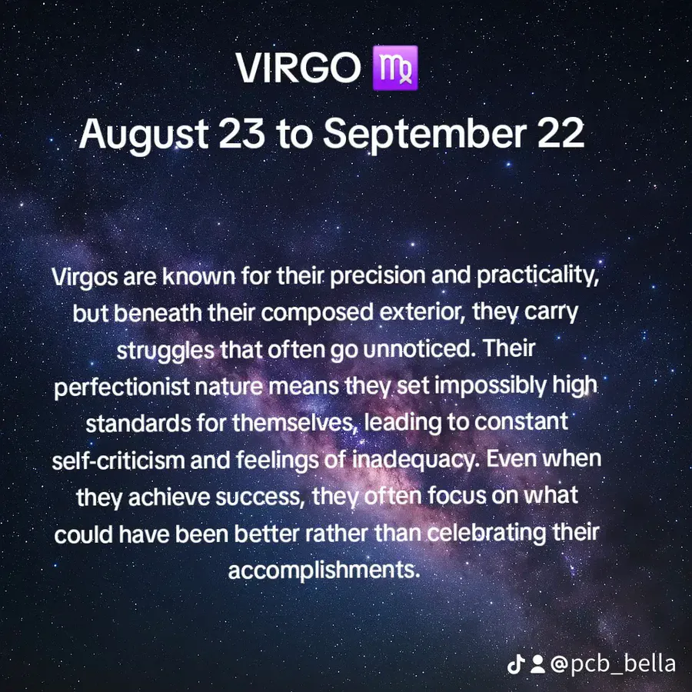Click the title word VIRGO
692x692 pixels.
coord(298,68)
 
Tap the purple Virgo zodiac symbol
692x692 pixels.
coord(395,68)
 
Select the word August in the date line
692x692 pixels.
coord(144,135)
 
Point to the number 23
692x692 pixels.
coord(242,133)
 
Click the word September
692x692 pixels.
coord(425,135)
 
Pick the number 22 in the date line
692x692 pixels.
coord(561,133)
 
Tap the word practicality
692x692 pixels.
coord(537,276)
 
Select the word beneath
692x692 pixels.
coord(158,313)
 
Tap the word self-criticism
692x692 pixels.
coord(118,461)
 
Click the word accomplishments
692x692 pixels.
coord(324,571)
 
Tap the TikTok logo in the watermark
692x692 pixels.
coord(516,664)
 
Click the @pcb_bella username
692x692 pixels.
coord(613,664)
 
